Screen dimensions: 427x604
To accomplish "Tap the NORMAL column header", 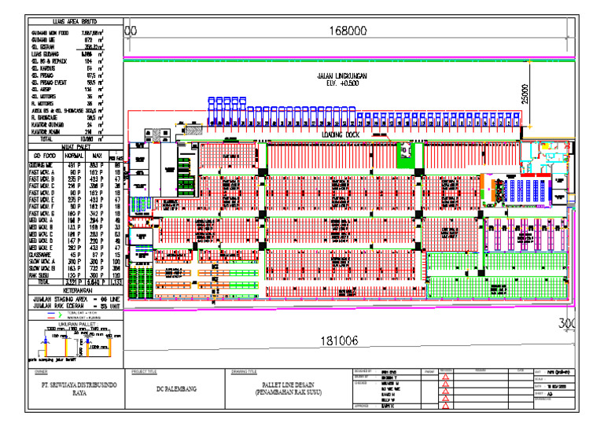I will tap(75, 156).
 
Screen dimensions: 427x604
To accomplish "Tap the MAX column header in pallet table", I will tap(98, 156).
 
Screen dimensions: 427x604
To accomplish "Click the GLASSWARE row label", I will tap(42, 255).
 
